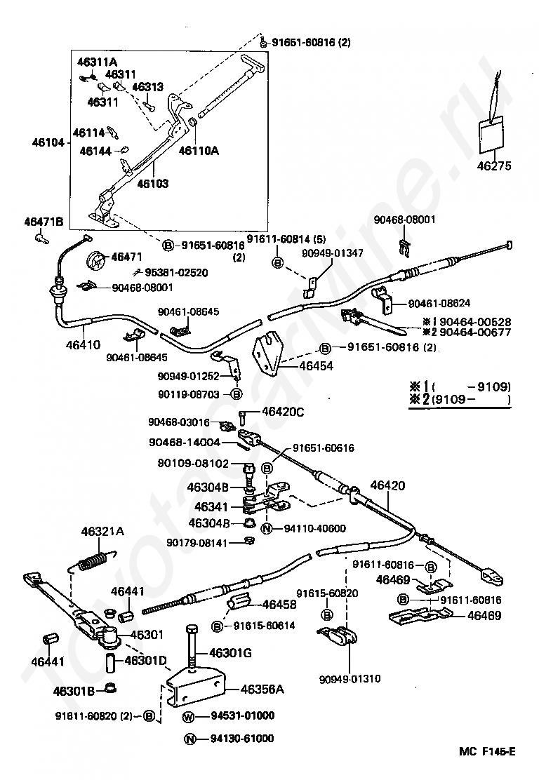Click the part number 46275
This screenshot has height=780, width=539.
tap(493, 166)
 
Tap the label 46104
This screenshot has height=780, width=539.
tap(48, 143)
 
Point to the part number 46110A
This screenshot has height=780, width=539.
tap(199, 150)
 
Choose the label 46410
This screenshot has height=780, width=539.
tap(83, 344)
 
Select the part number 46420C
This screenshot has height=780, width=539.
tap(283, 412)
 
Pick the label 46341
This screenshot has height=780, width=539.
tap(211, 507)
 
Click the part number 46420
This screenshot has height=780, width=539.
tap(387, 485)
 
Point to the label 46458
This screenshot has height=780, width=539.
tap(279, 605)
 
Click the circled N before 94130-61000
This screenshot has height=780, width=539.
tap(189, 739)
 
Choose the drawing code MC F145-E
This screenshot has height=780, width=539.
tap(487, 751)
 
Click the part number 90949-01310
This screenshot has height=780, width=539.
tap(350, 679)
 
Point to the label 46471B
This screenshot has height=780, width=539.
tap(44, 222)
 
